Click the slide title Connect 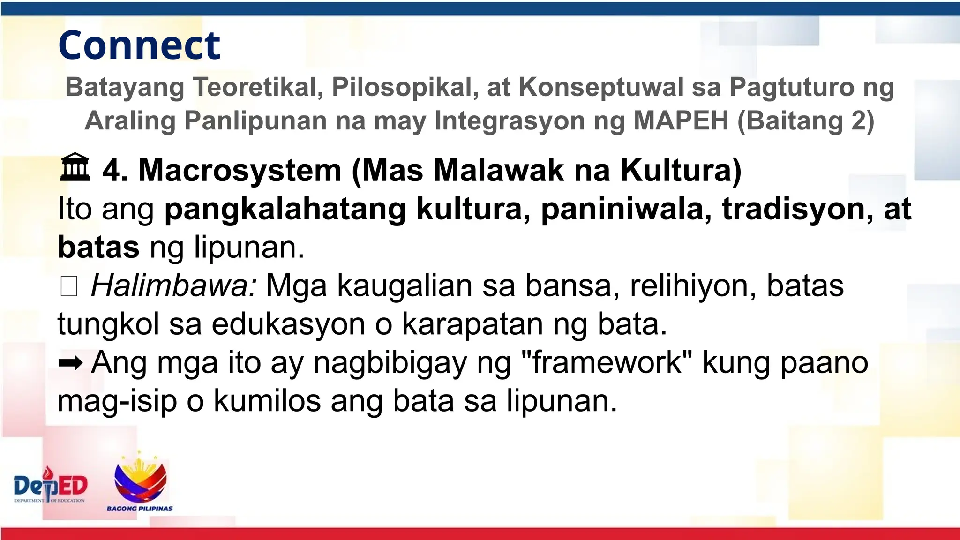coord(139,45)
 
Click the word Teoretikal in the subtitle coord(258,87)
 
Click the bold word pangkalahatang coord(285,209)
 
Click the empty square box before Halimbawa coord(69,286)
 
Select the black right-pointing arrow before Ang coord(70,363)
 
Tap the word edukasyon coord(288,324)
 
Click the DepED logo coord(51,486)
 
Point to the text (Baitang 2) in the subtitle coord(806,120)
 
